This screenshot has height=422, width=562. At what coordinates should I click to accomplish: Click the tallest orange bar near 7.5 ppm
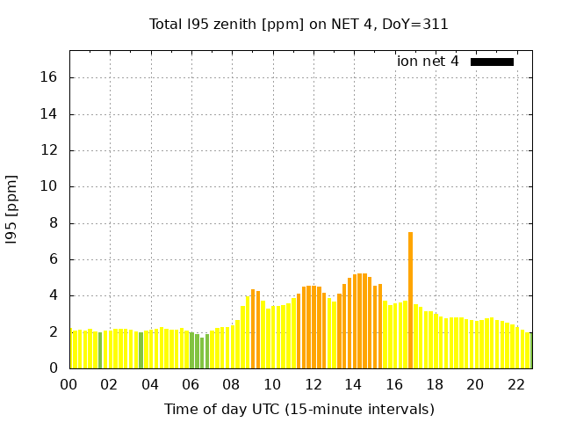coord(410,299)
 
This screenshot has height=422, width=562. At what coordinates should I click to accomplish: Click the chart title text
coord(299,25)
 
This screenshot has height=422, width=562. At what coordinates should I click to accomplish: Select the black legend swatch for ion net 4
coord(492,62)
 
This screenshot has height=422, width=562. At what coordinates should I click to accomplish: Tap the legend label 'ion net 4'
coord(428,62)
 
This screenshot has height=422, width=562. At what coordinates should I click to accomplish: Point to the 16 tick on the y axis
coord(48,77)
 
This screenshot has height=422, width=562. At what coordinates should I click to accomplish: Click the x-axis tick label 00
coord(69,384)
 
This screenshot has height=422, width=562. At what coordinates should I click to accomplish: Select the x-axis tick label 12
coord(313,384)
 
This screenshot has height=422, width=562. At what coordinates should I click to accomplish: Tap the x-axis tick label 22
coord(515,384)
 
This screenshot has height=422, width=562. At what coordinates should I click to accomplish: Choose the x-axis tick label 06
coord(191,384)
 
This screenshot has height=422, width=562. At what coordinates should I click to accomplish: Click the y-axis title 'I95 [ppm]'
coord(12,209)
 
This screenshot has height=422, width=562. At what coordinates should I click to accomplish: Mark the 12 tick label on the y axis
coord(48,150)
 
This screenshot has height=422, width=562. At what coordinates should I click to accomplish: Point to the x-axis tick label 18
coord(435,384)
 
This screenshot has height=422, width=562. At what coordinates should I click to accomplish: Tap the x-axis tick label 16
coord(393,384)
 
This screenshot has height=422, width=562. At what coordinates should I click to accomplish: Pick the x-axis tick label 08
coord(232,384)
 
